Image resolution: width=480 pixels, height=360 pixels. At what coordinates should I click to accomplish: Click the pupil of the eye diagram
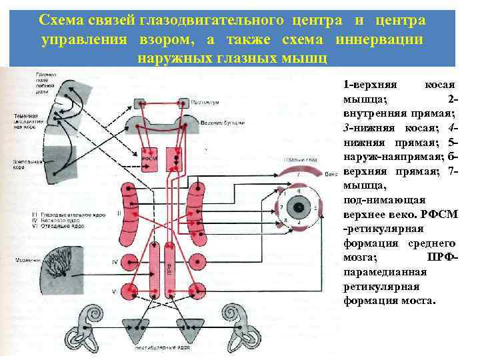pyautogui.click(x=300, y=207)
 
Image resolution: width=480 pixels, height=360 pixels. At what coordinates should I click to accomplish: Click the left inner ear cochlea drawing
pyautogui.click(x=90, y=323)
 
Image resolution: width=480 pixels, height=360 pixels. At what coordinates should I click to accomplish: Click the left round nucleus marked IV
pyautogui.click(x=127, y=261)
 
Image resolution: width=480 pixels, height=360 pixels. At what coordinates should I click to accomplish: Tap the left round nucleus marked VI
pyautogui.click(x=127, y=291)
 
